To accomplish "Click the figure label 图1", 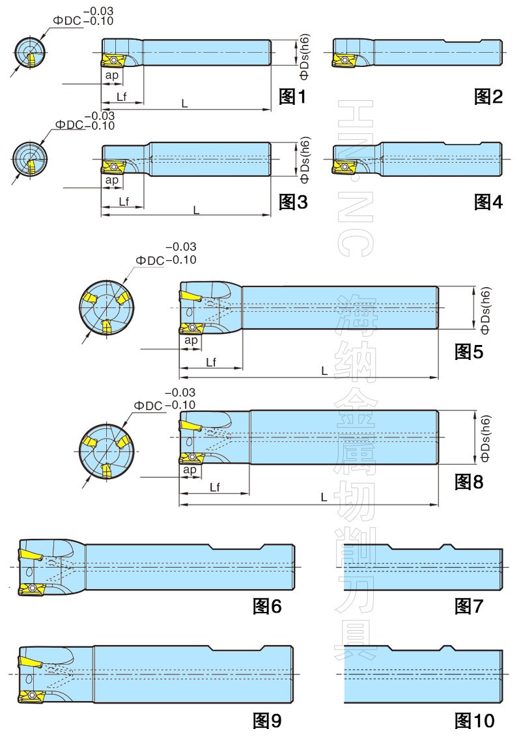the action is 292,97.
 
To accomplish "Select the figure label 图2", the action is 488,97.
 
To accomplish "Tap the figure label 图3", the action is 293,202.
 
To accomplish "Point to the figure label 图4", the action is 488,202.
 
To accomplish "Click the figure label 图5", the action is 469,351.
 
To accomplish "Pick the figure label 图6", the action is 267,606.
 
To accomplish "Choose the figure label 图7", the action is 469,606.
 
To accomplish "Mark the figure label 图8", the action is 469,482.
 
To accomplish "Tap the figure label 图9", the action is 267,721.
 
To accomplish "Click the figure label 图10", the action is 475,721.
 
